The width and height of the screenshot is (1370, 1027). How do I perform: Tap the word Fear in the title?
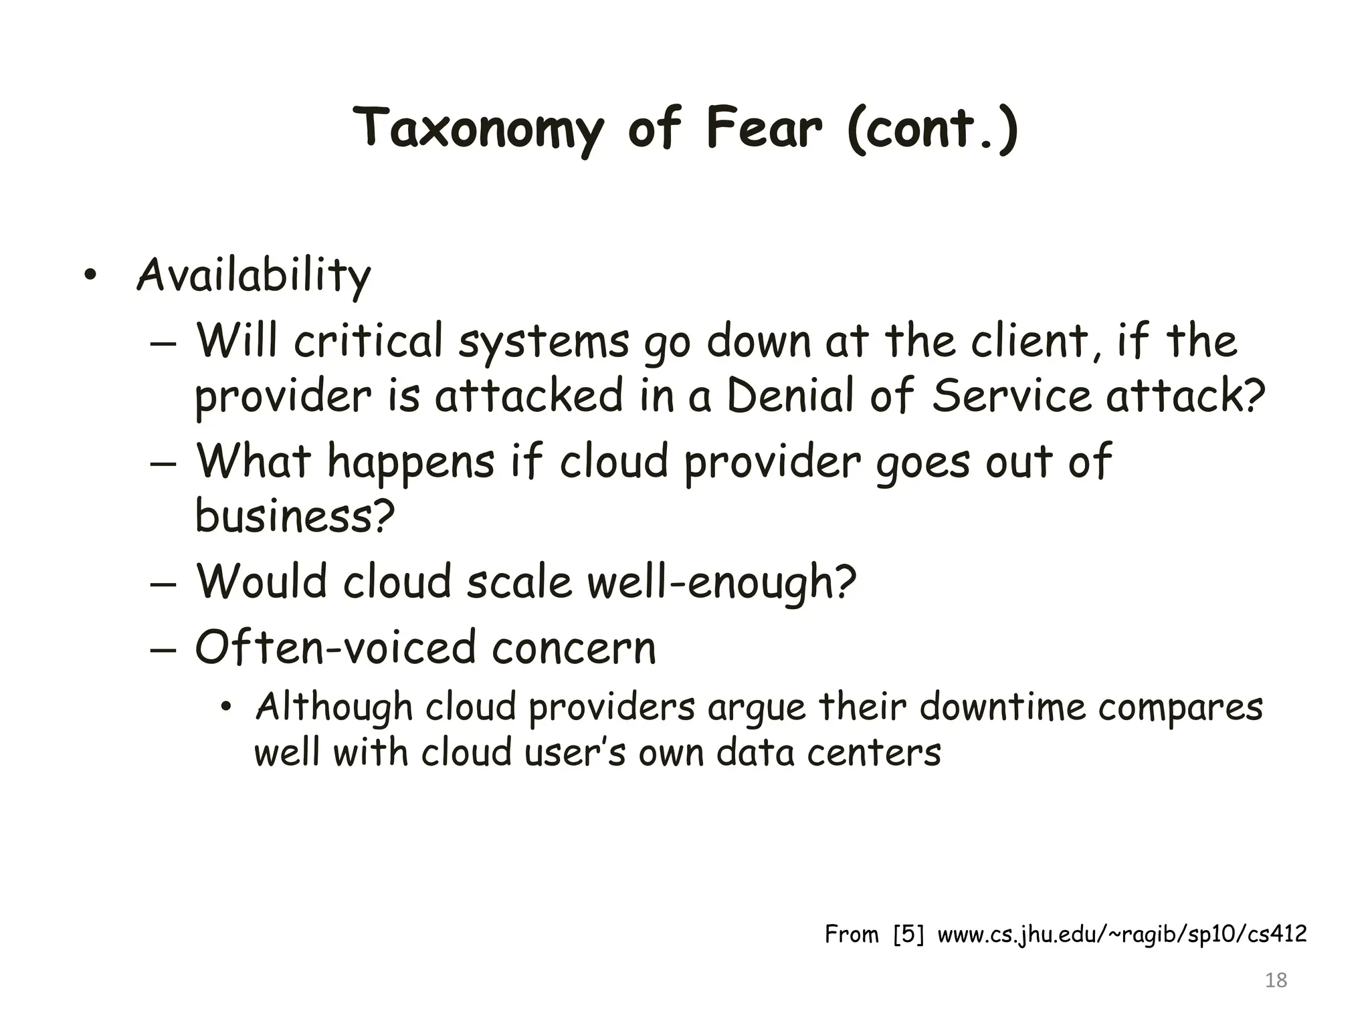(763, 128)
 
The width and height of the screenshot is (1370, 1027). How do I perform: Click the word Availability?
(254, 275)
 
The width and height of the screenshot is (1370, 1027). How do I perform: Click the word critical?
(368, 341)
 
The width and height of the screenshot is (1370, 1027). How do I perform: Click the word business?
(295, 516)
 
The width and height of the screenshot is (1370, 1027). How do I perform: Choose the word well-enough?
(722, 581)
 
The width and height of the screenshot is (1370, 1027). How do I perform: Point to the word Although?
(334, 707)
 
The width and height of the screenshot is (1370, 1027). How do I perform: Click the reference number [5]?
(908, 934)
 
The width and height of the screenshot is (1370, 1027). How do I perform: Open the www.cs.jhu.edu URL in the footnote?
(1122, 934)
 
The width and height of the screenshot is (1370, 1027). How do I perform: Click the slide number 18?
(1276, 980)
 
